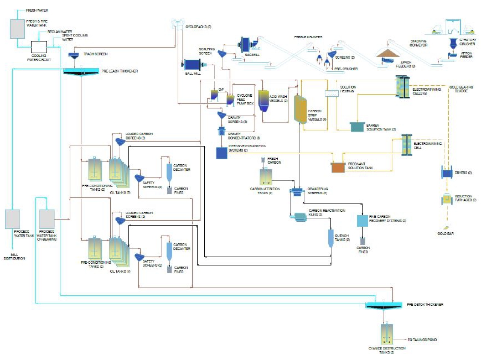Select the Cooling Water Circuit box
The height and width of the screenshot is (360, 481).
pyautogui.click(x=39, y=46)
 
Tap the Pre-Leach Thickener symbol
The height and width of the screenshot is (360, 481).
pyautogui.click(x=81, y=71)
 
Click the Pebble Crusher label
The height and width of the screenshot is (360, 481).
pyautogui.click(x=308, y=37)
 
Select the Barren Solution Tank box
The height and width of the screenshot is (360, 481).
pyautogui.click(x=357, y=127)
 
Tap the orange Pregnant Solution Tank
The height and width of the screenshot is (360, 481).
pyautogui.click(x=338, y=166)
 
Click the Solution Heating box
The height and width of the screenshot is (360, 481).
pyautogui.click(x=331, y=93)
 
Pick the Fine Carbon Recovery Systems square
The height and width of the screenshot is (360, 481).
pyautogui.click(x=363, y=221)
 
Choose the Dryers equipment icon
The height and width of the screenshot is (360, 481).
pyautogui.click(x=446, y=173)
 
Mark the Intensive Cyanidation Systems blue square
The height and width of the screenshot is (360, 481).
pyautogui.click(x=222, y=153)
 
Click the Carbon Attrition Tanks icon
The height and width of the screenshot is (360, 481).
pyautogui.click(x=266, y=177)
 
